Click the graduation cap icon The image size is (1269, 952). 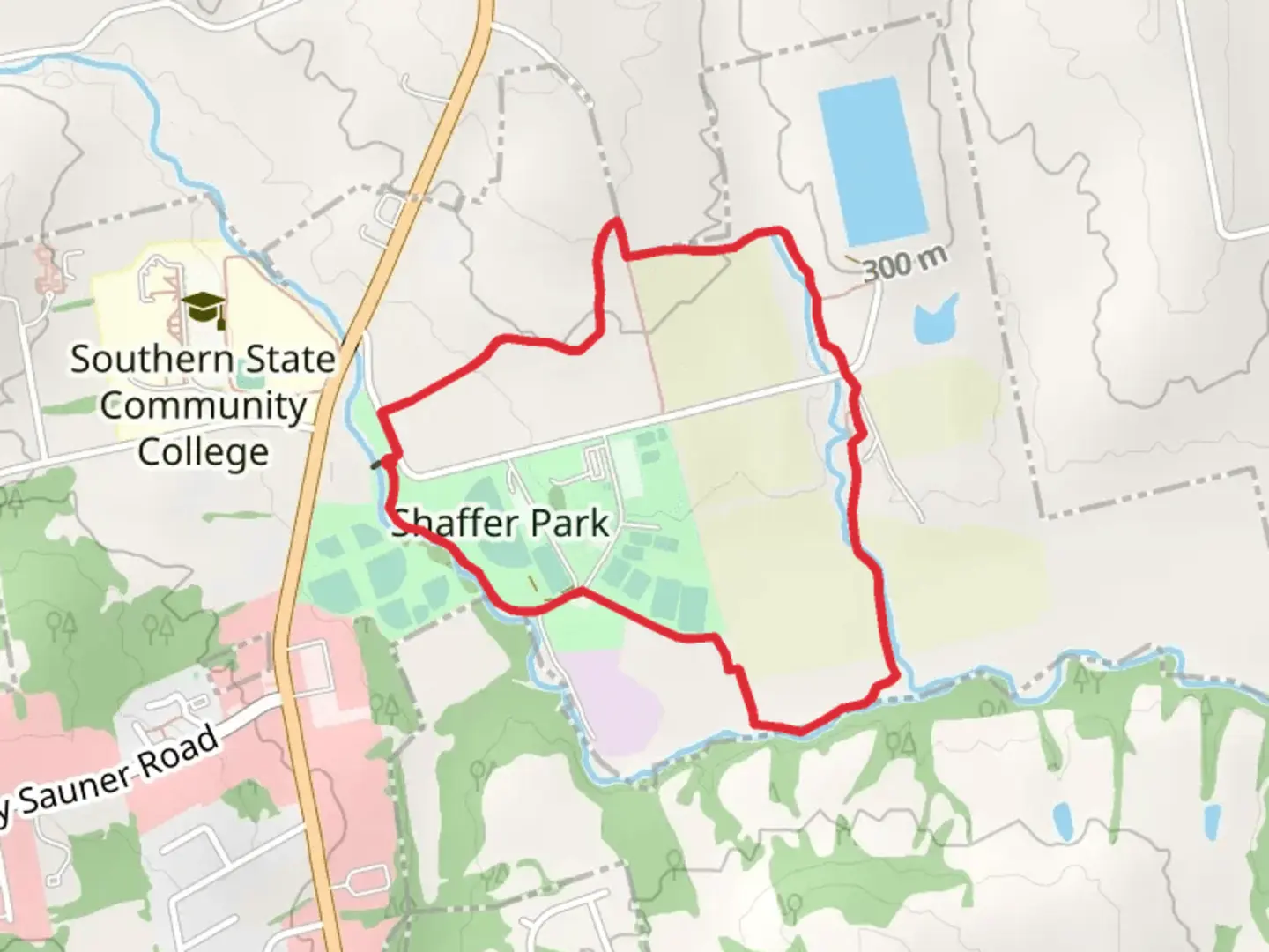pyautogui.click(x=204, y=307)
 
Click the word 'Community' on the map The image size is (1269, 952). pyautogui.click(x=203, y=405)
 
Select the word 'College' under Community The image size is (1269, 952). pyautogui.click(x=203, y=451)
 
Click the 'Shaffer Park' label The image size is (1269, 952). pyautogui.click(x=501, y=524)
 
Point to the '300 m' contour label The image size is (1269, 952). pyautogui.click(x=905, y=263)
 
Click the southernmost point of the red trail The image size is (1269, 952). pyautogui.click(x=799, y=730)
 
